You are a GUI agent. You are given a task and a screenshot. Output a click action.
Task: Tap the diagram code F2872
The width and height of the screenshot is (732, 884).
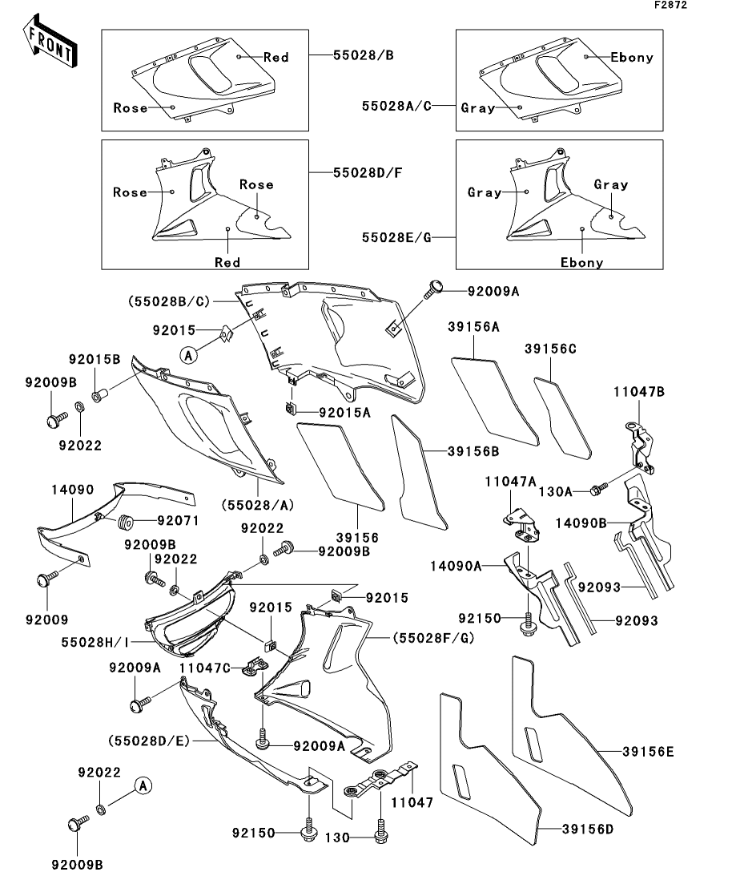(x=670, y=5)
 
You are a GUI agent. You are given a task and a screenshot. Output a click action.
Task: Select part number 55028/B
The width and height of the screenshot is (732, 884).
(x=364, y=55)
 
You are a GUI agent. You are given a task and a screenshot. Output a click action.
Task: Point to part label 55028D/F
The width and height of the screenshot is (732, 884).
(x=368, y=172)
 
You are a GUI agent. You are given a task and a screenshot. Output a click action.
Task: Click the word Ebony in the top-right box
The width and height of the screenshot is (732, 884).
(x=632, y=57)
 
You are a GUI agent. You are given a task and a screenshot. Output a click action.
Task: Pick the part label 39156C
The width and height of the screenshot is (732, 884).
(x=550, y=349)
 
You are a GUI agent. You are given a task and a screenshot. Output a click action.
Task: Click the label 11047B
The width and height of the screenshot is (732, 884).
(x=639, y=391)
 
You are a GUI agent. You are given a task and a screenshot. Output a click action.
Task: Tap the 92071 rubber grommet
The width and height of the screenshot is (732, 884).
(x=124, y=522)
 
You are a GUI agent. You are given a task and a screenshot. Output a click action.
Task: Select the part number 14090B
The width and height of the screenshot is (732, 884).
(x=581, y=523)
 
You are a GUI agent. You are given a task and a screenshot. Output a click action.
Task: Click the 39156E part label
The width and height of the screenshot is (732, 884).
(x=648, y=752)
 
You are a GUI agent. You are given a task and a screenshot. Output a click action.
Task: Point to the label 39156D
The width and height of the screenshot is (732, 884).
(x=588, y=830)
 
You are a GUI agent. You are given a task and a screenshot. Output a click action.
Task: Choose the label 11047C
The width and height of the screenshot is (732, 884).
(x=205, y=668)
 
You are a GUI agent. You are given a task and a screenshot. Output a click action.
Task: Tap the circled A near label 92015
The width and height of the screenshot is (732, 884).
(x=189, y=355)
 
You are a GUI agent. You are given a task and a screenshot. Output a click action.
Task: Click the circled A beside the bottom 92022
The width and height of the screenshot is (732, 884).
(x=143, y=785)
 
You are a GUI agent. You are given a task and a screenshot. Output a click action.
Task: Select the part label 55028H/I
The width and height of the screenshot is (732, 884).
(x=95, y=642)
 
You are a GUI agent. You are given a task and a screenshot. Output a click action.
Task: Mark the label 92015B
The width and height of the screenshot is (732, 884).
(x=95, y=360)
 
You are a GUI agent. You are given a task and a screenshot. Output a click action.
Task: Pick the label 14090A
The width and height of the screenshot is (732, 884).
(x=456, y=566)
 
